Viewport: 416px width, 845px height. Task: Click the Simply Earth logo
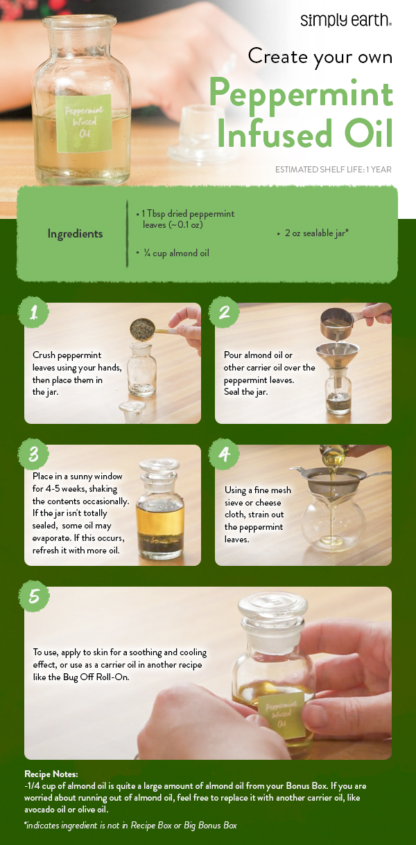click(x=345, y=20)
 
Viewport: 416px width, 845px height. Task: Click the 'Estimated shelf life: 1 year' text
click(x=333, y=170)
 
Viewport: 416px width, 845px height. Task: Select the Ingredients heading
click(x=75, y=233)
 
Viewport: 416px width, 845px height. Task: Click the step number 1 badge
click(x=33, y=312)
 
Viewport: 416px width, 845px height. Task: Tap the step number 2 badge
click(x=224, y=312)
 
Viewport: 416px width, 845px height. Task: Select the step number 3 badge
click(x=33, y=454)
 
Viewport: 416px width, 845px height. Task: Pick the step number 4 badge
click(x=224, y=454)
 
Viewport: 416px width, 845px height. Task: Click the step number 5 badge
click(x=33, y=596)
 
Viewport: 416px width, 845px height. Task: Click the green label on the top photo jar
click(x=85, y=123)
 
